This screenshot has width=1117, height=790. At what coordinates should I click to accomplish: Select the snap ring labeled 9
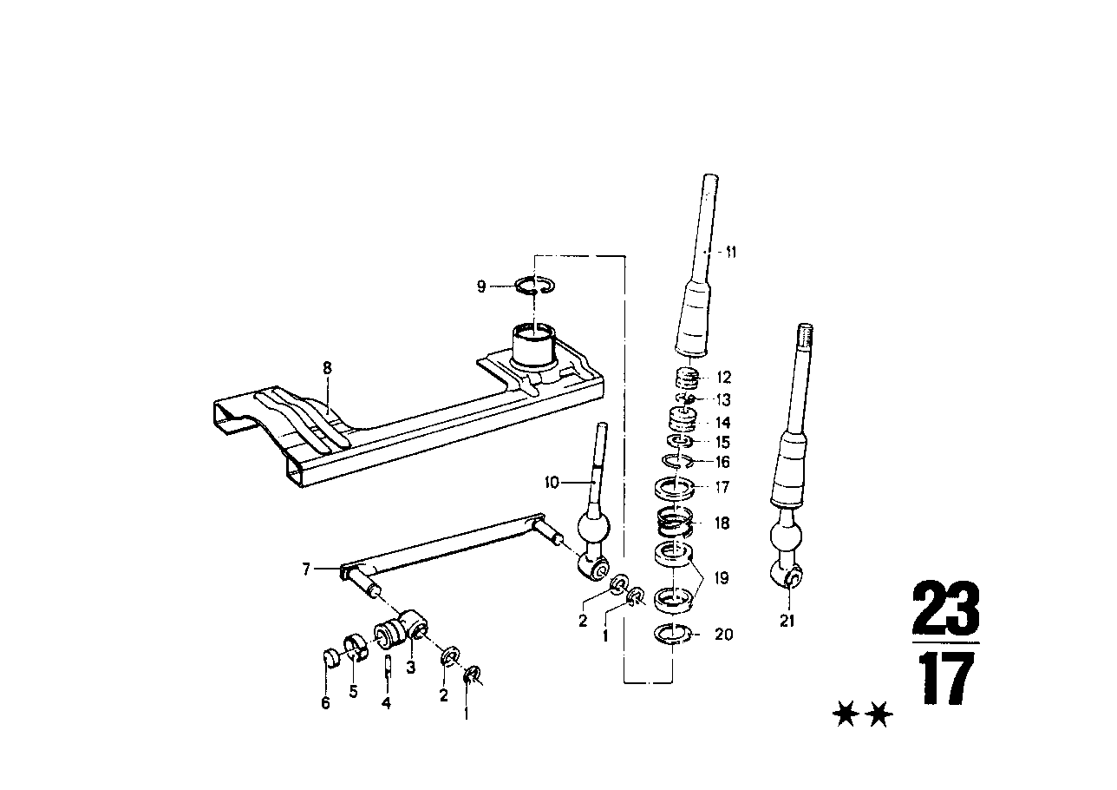coord(536,286)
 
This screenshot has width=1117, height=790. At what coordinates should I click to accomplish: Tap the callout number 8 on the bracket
coord(327,368)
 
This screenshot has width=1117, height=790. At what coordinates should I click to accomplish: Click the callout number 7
coord(306,569)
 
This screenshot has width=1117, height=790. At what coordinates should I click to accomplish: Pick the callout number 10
coord(552,483)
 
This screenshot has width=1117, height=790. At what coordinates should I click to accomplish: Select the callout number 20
coord(723,635)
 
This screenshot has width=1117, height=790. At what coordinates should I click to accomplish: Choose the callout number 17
coord(723,488)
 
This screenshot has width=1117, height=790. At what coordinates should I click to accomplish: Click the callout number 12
coord(723,378)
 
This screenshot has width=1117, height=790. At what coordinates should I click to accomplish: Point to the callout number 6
coord(326,703)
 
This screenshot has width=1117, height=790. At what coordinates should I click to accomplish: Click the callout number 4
coord(386,703)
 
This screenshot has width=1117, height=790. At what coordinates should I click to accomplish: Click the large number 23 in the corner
coord(945,609)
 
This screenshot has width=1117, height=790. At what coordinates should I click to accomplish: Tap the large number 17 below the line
coord(945,679)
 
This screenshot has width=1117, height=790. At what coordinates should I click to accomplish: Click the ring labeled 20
coord(672,634)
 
